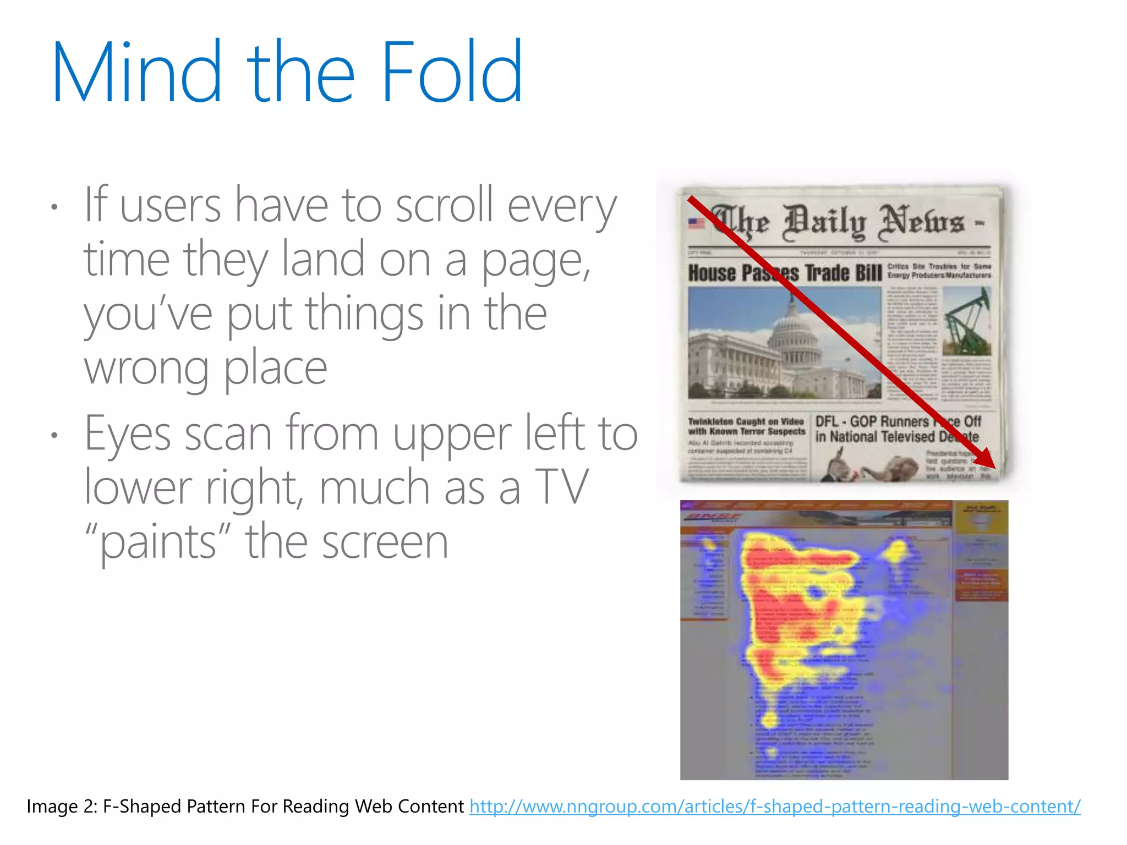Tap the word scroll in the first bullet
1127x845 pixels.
tap(444, 205)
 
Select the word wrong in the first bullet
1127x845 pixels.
tap(146, 368)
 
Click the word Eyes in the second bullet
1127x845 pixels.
tap(128, 434)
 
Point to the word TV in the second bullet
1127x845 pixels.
tap(561, 487)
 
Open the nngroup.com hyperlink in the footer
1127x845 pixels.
tap(775, 806)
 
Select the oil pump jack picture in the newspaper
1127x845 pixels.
tap(966, 322)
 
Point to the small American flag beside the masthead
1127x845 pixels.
tap(696, 223)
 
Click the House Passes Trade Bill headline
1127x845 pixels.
tap(785, 273)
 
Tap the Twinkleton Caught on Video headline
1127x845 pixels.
tap(746, 426)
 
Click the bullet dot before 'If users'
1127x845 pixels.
tap(54, 207)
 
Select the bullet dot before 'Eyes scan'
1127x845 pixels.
tap(54, 436)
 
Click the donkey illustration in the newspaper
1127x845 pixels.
tap(836, 465)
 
